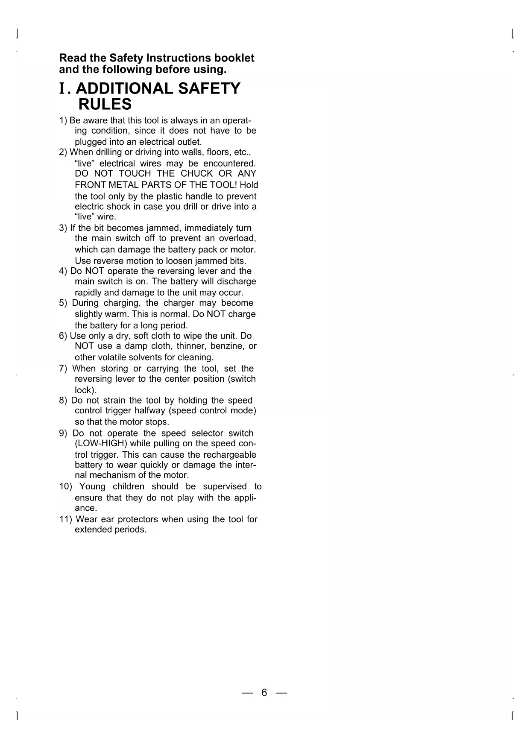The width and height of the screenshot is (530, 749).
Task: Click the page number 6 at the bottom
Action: click(264, 693)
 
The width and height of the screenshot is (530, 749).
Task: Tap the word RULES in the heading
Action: click(105, 104)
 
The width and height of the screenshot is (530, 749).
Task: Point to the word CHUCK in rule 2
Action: click(196, 174)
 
